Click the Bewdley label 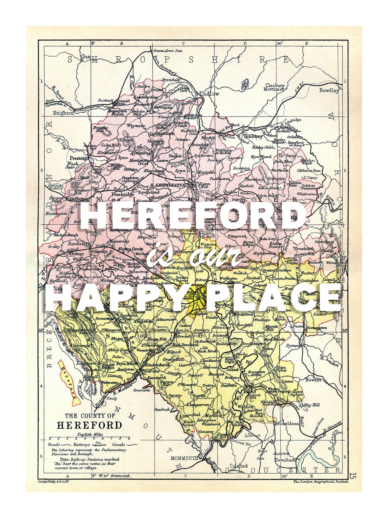point(329,90)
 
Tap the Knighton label point(63,113)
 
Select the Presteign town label point(79,158)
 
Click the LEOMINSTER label point(170,185)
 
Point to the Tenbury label point(253,136)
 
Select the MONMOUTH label point(184,458)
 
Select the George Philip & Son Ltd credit point(54,481)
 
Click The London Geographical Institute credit point(321,482)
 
